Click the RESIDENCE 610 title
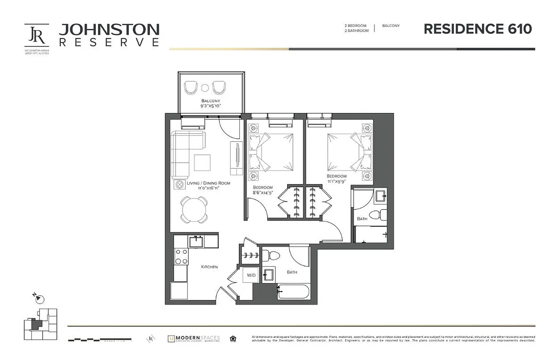[477, 29]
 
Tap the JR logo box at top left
[36, 36]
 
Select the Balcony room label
[211, 100]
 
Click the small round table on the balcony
[205, 88]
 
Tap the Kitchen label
[209, 267]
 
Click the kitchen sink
[196, 242]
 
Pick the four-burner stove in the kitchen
[181, 256]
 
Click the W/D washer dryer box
[251, 275]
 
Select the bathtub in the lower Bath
[293, 293]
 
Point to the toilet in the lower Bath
[272, 256]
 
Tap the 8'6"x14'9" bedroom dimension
[263, 193]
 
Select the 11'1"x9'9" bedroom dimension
[337, 182]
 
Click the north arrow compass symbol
[39, 298]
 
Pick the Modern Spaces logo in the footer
[193, 338]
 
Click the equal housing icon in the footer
[233, 338]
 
